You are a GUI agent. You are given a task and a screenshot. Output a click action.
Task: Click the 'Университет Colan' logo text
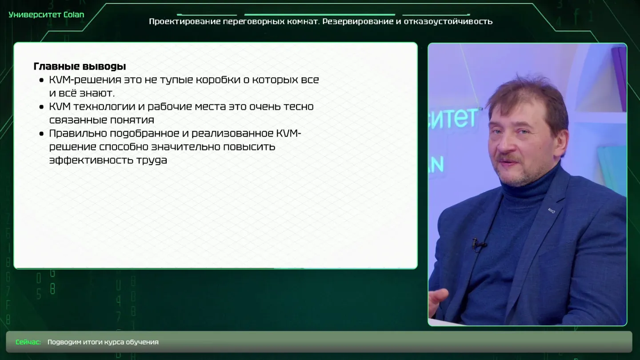click(x=46, y=15)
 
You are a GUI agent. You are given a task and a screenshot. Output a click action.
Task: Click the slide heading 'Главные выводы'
click(x=80, y=66)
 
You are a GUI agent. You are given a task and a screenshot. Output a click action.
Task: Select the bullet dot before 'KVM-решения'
click(x=41, y=80)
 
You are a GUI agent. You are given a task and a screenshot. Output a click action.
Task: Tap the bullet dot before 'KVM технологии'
click(x=41, y=107)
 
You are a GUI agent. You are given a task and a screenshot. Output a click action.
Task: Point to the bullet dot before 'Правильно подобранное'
click(x=41, y=134)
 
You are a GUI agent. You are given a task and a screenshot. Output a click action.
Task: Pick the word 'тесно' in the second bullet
click(x=298, y=107)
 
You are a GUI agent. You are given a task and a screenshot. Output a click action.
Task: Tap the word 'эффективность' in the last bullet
click(x=90, y=160)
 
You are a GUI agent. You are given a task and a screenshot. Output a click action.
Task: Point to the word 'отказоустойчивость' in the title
click(x=448, y=21)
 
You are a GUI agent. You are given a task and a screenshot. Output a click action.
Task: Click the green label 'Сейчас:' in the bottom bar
click(x=28, y=342)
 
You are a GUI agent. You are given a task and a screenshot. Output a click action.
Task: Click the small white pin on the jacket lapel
click(x=551, y=211)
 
